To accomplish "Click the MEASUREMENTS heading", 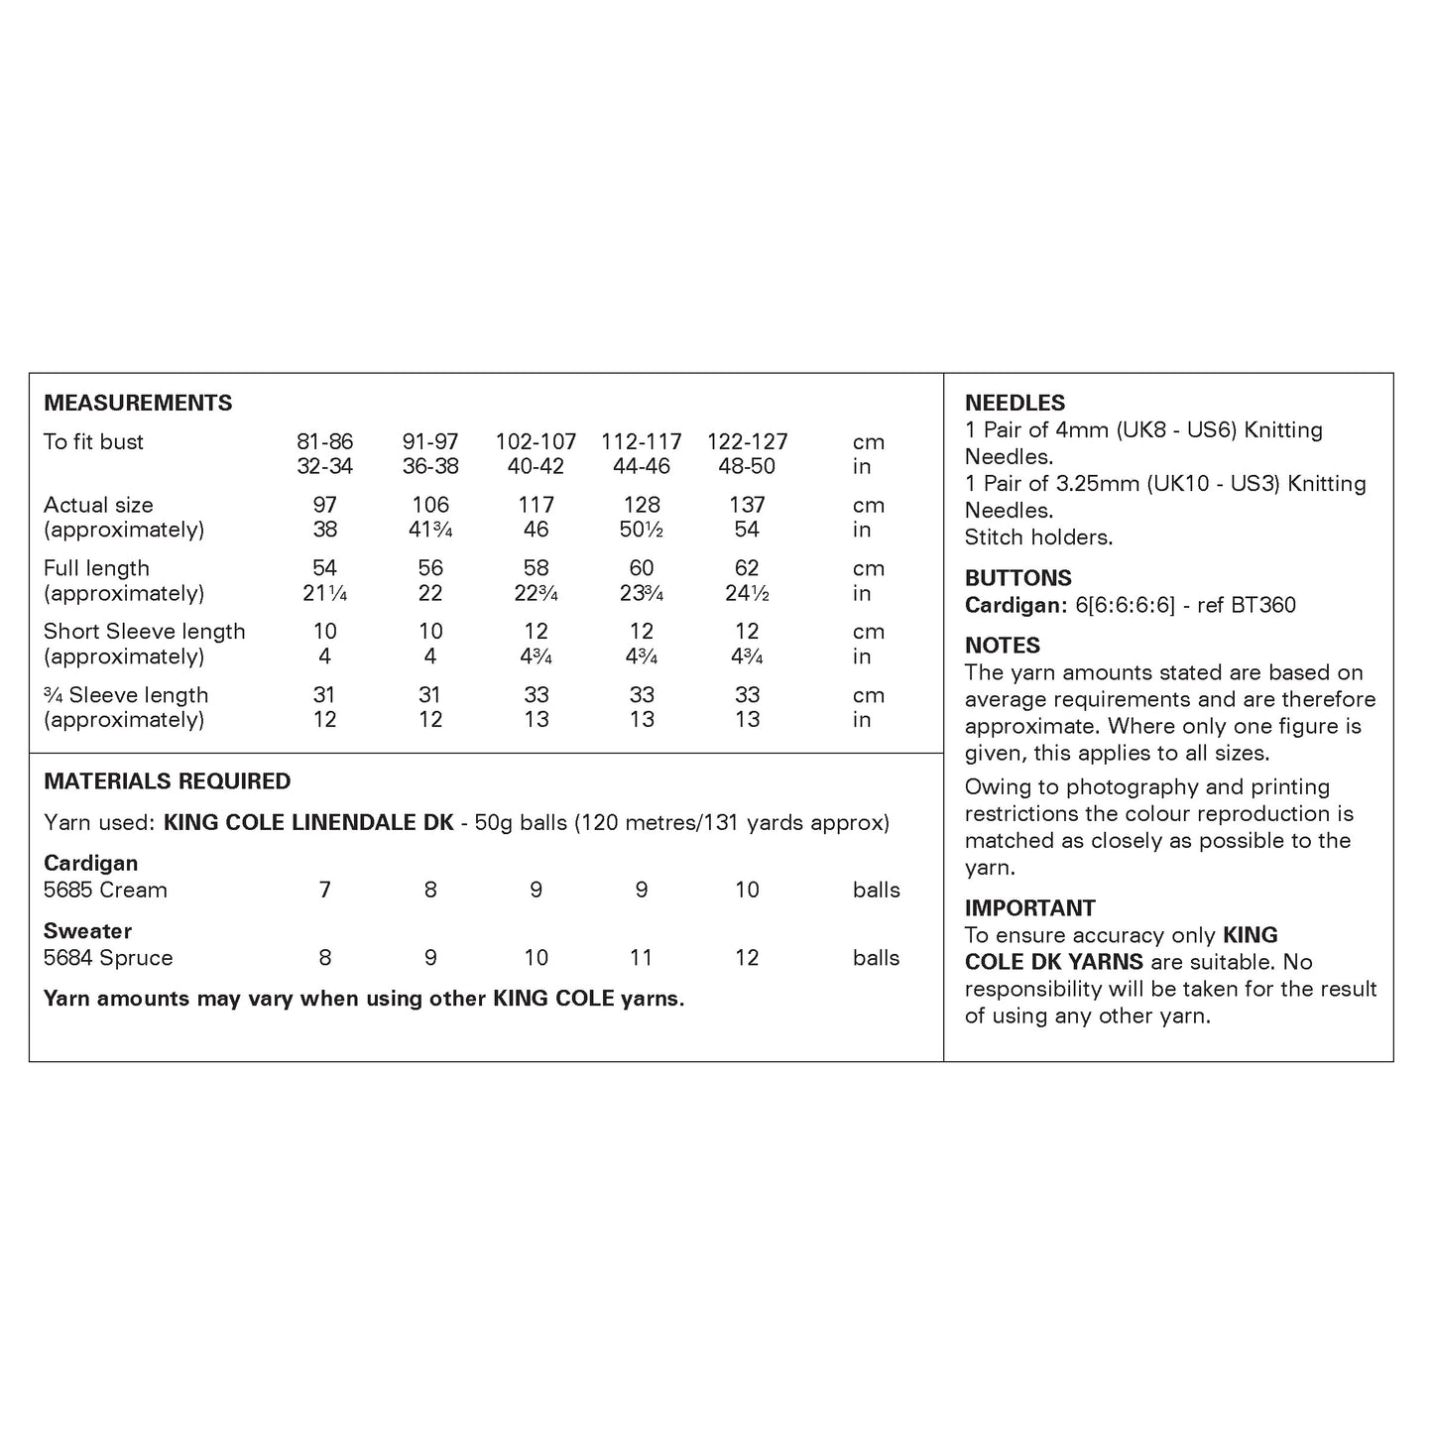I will [138, 403].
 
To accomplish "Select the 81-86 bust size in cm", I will [324, 442].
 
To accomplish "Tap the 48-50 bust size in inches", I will [747, 466].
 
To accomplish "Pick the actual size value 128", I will [642, 505].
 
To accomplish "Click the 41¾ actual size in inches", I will [430, 530].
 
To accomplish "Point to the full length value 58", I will [536, 568].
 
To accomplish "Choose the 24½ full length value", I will [747, 593].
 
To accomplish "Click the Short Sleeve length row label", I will [144, 632].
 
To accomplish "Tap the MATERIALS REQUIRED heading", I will [167, 781].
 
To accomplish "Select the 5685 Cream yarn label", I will [105, 891].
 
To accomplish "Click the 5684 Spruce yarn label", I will [108, 958].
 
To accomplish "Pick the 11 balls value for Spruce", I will [642, 958].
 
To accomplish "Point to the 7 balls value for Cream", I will [324, 891].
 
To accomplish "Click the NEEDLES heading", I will [1015, 403].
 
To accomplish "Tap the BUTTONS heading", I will [1017, 578].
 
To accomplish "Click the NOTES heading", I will [1002, 646].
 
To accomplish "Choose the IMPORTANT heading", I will [1029, 908].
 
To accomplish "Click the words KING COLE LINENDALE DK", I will [308, 822].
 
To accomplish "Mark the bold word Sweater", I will [87, 931].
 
